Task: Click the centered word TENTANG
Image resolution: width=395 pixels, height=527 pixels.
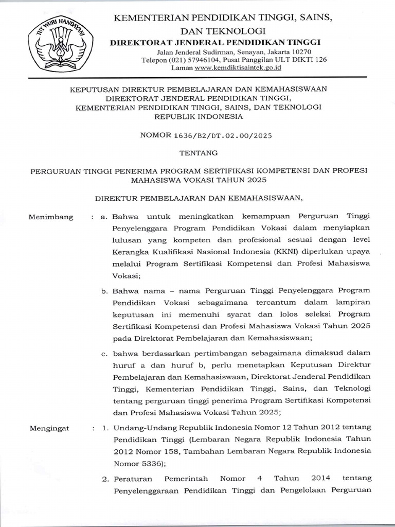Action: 197,152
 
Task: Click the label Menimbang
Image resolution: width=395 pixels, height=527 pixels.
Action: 51,217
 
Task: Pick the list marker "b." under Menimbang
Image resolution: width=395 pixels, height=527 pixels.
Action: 104,291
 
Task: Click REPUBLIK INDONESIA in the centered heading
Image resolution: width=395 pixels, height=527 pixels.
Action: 197,117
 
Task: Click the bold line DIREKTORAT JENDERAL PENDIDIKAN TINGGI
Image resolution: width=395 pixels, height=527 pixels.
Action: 216,42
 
